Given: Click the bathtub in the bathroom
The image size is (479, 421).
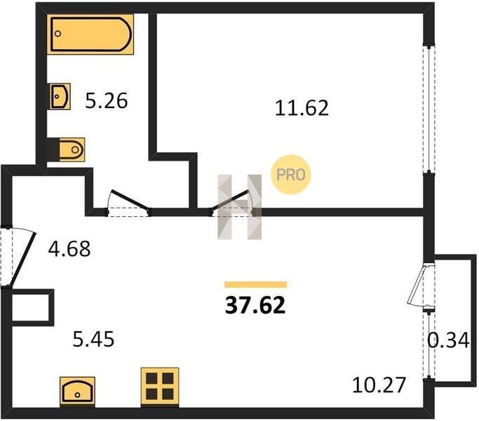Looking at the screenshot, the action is [90, 34].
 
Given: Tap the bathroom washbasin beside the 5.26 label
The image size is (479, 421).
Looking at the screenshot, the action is [60, 96].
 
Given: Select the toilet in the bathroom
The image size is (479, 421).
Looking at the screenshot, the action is [72, 149].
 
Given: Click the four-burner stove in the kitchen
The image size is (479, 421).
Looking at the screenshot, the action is [160, 387].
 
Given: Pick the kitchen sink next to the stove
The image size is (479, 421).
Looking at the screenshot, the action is [78, 392].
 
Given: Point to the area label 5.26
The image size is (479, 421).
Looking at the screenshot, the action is [106, 101].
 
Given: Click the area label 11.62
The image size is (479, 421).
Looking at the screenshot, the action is [302, 108].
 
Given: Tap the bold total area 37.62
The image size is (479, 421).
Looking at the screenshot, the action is [255, 305].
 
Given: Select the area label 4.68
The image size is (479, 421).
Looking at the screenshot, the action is [69, 248].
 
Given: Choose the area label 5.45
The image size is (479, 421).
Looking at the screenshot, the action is [93, 339].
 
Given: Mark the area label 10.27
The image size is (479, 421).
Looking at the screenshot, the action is [379, 385].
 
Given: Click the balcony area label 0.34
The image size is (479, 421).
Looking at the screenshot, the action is [448, 340].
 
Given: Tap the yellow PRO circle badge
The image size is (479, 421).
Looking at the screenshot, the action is [291, 175].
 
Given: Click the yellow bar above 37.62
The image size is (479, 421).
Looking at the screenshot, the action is [256, 285].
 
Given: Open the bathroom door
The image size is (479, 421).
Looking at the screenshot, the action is [128, 203].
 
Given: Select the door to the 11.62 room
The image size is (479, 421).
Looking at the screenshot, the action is [232, 202].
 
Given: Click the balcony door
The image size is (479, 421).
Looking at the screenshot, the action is [421, 286].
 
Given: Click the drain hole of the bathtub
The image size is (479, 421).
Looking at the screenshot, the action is [58, 34].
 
